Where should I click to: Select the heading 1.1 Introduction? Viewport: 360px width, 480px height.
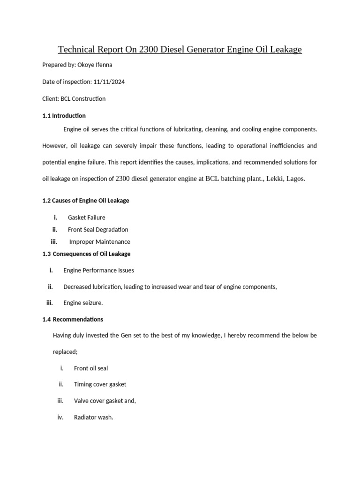tap(64, 115)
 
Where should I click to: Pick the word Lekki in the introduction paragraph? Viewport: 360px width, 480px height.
tap(274, 179)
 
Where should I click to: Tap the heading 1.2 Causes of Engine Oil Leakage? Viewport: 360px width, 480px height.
tap(85, 200)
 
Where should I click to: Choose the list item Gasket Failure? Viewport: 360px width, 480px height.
tap(87, 217)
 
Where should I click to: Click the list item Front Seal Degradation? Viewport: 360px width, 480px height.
tap(98, 230)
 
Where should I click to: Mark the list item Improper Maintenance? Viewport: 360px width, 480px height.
tap(100, 242)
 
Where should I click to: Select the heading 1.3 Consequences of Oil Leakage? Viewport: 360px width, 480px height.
tap(86, 254)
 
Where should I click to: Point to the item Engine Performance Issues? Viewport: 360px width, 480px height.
tap(98, 270)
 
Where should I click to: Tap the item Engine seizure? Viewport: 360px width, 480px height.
tap(83, 303)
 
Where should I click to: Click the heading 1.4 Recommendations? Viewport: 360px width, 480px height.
tap(73, 319)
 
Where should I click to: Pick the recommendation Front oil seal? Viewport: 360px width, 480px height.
tap(91, 368)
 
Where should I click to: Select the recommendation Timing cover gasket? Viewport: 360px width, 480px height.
tap(100, 384)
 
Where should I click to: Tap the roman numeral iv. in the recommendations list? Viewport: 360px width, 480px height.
tap(60, 417)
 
